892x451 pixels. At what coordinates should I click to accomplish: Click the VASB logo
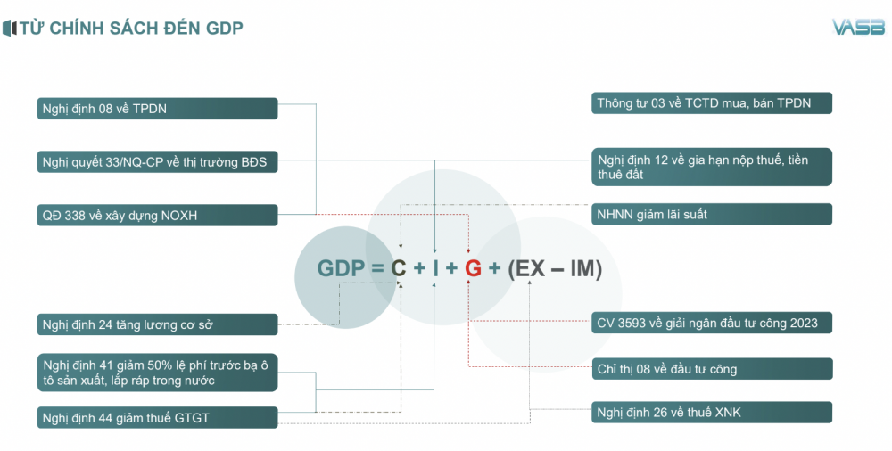tap(858, 27)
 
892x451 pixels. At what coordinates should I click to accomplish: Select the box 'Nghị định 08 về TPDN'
tap(158, 109)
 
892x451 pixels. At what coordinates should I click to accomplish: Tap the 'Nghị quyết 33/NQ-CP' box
tap(158, 161)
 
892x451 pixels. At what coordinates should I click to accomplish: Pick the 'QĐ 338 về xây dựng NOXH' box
tap(158, 215)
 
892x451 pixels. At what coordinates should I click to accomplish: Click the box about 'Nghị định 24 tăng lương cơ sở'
tap(158, 324)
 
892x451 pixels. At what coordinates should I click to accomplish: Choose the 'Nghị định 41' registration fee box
tap(158, 373)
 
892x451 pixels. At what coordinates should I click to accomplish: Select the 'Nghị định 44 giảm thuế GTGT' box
tap(158, 417)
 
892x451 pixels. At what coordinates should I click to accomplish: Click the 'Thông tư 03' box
tap(712, 102)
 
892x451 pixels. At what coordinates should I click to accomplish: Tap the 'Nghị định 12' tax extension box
tap(712, 167)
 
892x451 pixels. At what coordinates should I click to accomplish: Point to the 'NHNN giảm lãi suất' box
tap(712, 214)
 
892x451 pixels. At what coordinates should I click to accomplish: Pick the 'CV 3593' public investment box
tap(712, 323)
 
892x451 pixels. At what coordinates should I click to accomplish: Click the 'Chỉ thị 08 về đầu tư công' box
tap(712, 368)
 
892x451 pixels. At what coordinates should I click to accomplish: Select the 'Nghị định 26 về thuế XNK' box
tap(712, 412)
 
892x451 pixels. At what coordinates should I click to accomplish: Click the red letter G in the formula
tap(473, 268)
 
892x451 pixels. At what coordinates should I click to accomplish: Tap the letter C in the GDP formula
tap(398, 268)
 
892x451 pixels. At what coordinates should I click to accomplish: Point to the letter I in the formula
tap(436, 268)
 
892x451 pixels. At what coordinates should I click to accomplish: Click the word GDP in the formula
tap(341, 268)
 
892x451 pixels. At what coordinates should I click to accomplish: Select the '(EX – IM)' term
tap(555, 268)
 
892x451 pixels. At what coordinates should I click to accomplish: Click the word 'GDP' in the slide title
tap(224, 28)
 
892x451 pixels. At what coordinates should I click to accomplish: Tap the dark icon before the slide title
tap(10, 28)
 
